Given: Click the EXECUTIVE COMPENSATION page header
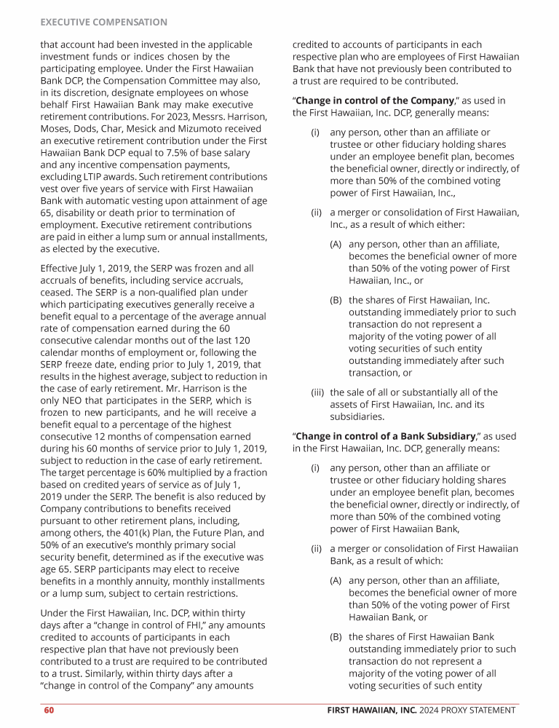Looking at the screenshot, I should coord(103,23).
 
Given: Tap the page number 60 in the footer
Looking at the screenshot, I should coord(48,711).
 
